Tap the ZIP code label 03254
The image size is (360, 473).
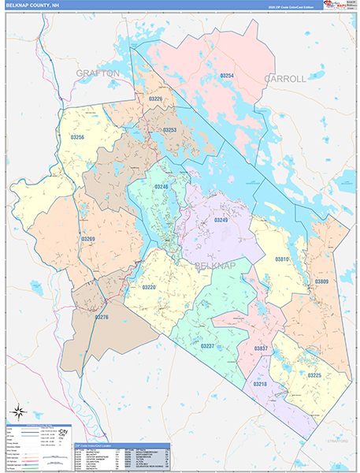pos(227,76)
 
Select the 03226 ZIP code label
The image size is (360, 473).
pos(155,99)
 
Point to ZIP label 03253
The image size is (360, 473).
pos(169,129)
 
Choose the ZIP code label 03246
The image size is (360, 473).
pos(161,187)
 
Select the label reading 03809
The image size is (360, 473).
pos(322,281)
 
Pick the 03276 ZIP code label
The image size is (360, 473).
pos(101,317)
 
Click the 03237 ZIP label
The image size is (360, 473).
pos(207,346)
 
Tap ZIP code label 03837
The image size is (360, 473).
pos(261,348)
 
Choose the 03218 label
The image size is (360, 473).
pos(259,384)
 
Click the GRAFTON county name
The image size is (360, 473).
pos(98,73)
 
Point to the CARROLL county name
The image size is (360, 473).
pos(284,79)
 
